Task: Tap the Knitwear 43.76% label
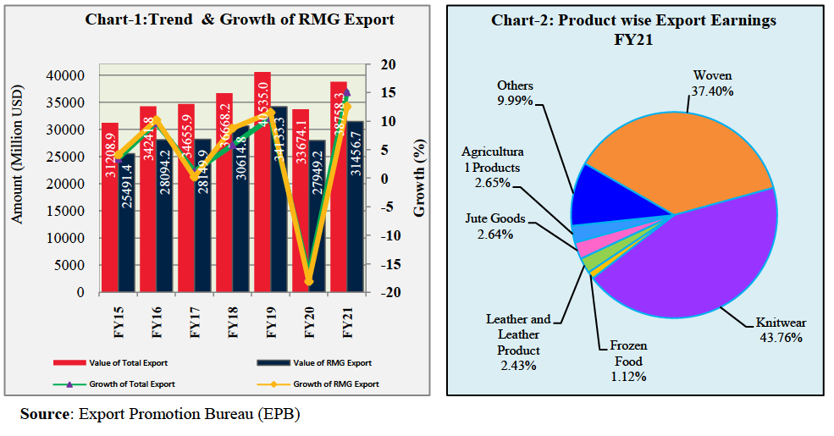point(774,330)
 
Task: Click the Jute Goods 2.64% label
point(494,226)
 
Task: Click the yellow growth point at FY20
point(309,282)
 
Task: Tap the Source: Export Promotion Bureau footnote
point(160,414)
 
